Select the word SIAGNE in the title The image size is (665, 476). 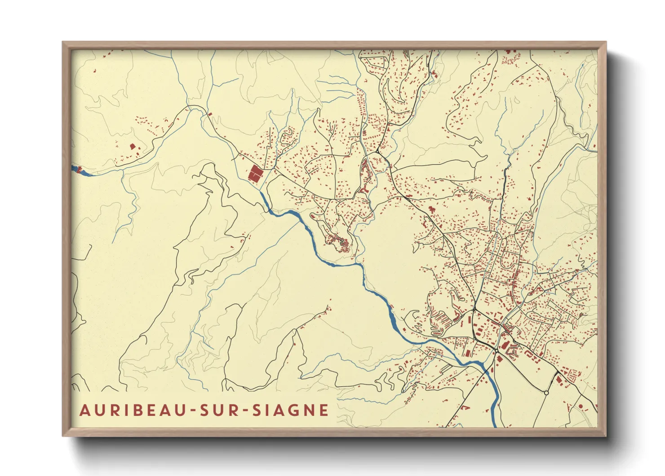point(290,410)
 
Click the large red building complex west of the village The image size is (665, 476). point(255,174)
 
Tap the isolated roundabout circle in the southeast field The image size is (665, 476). point(546,393)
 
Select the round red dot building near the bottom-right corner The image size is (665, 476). point(581,406)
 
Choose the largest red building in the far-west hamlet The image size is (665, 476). point(133,146)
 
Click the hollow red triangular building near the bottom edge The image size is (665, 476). point(465,408)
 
